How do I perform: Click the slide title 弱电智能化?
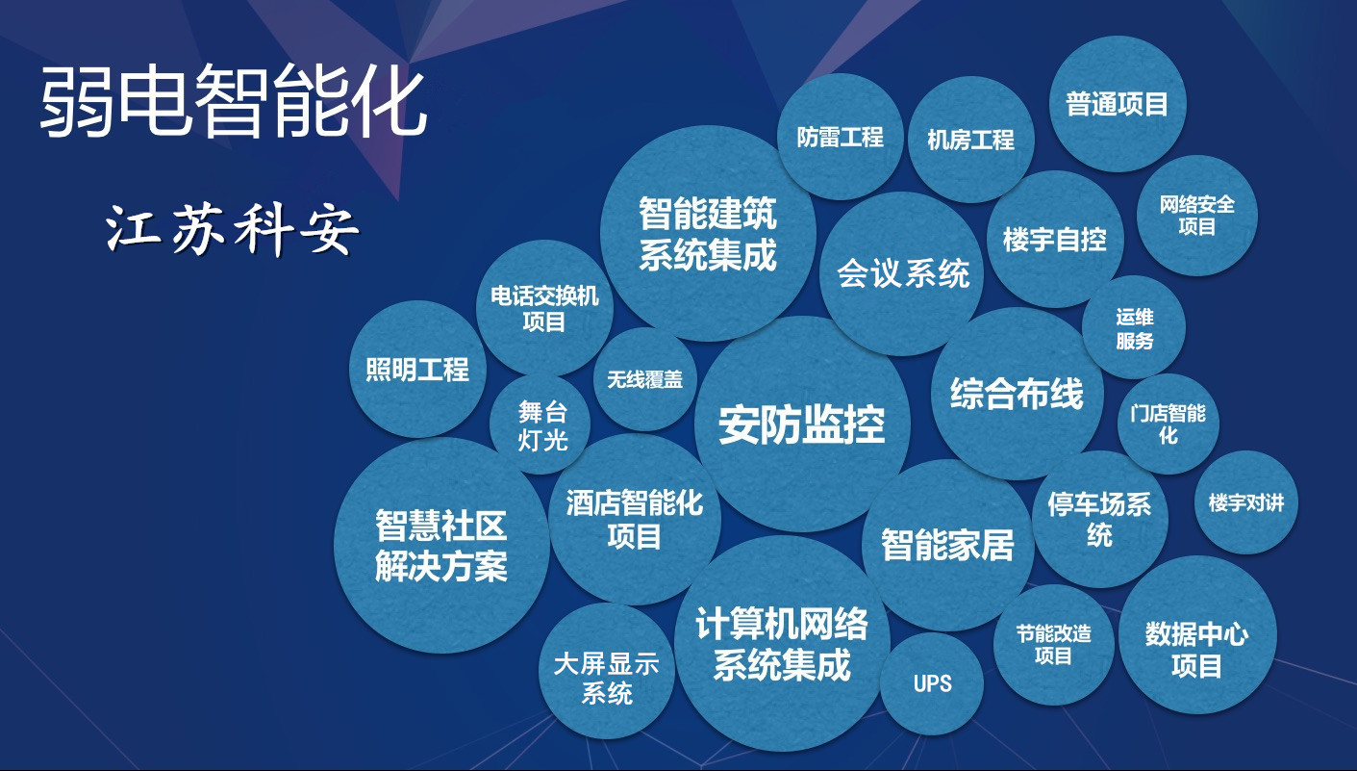234,102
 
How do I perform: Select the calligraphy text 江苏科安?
232,230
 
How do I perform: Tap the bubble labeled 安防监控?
802,424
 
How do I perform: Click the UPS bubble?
932,683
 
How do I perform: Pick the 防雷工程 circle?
841,137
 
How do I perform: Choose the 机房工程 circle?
971,140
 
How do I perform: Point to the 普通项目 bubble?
1118,104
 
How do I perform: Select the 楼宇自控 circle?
1055,240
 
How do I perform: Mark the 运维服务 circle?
1134,328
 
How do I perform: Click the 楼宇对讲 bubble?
1246,502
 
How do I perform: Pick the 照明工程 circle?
418,369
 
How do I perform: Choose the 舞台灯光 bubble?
540,424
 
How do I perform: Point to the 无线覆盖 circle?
645,379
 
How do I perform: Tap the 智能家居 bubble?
948,545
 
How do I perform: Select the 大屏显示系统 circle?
607,671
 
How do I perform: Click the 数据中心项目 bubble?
1197,634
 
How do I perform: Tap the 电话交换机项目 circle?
544,309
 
